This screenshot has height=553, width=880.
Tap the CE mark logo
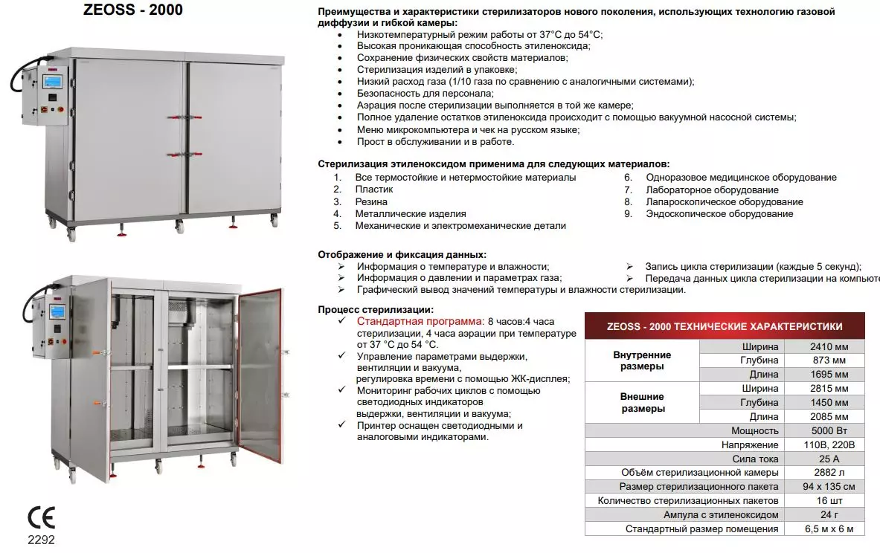41,518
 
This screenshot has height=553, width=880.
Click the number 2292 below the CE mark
41,540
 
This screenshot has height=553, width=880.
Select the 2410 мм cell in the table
829,346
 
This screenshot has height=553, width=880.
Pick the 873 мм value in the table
829,360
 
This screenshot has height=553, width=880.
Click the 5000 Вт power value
829,430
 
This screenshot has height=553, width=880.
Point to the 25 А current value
829,459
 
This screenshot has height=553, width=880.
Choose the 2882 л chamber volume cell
829,473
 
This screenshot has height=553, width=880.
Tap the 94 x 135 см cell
829,487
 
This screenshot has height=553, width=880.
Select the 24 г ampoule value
829,514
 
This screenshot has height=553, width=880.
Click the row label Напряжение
749,444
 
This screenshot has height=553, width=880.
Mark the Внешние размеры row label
642,402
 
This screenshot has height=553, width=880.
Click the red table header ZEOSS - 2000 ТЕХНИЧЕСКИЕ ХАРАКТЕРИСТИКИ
725,326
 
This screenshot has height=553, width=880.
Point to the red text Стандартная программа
420,322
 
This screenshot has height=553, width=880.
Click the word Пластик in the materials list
374,190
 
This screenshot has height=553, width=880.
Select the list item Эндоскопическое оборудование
719,214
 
